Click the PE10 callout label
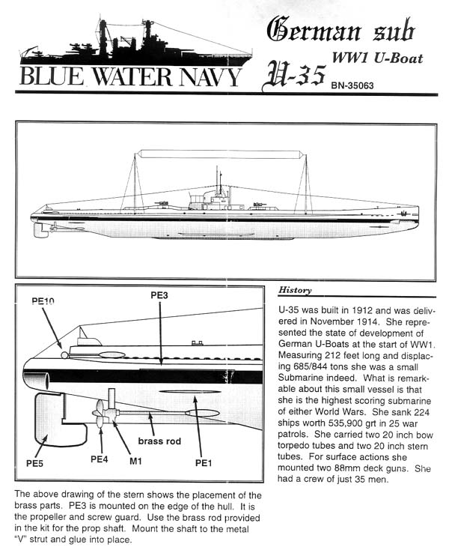[43, 301]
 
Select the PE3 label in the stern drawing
[159, 295]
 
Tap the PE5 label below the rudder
[34, 463]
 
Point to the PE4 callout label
[99, 459]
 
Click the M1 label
[135, 462]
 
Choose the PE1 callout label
[204, 463]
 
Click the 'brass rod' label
[159, 441]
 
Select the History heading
[295, 290]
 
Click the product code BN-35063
[352, 85]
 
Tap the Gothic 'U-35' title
[294, 74]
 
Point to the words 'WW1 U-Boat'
[377, 58]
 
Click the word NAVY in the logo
[210, 76]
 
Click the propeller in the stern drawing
[100, 414]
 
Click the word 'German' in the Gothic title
[314, 29]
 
